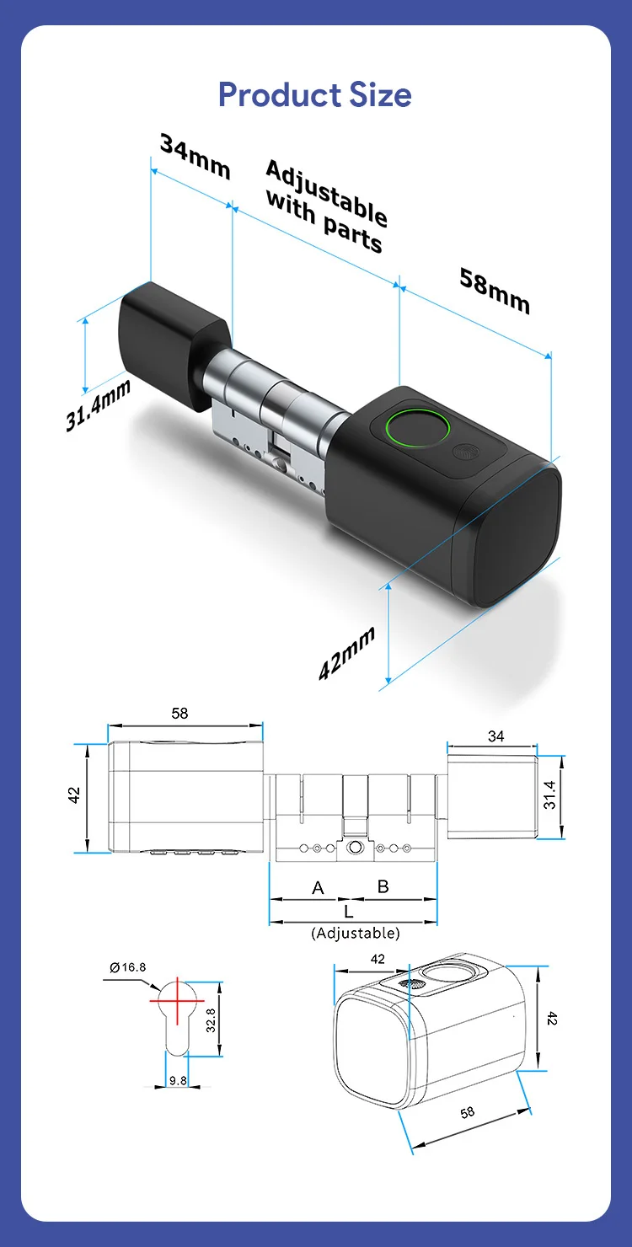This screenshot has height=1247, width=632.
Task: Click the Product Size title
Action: [x=314, y=94]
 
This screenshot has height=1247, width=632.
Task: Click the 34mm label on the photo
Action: [x=195, y=157]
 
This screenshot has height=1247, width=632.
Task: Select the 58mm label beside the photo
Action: [x=495, y=291]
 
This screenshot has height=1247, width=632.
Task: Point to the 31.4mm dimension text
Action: [x=98, y=404]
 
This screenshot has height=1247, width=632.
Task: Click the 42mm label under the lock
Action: [x=346, y=653]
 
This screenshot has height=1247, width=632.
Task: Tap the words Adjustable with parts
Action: [x=326, y=206]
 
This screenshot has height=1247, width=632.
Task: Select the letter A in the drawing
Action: [x=318, y=887]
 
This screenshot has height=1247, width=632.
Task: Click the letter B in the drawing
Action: [x=383, y=886]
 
